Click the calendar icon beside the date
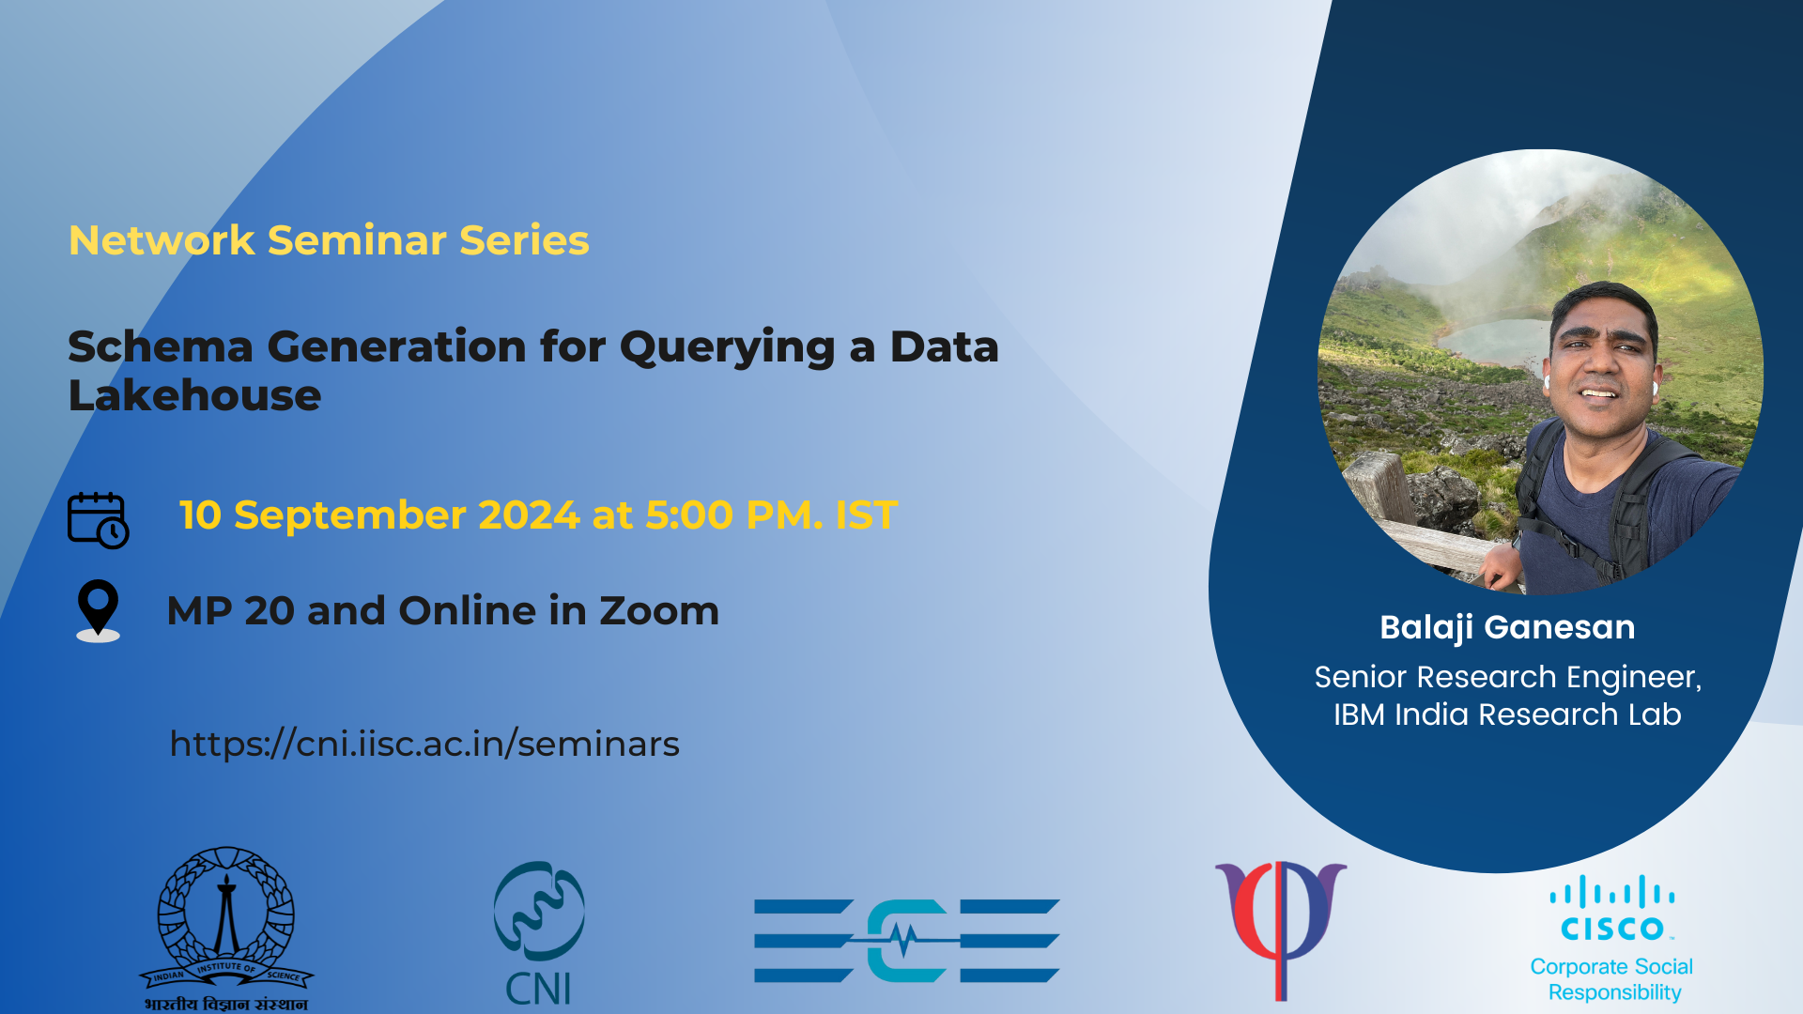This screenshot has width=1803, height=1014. coord(98,519)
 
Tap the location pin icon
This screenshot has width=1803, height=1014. coord(98,610)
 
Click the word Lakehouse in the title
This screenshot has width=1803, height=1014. coord(195,395)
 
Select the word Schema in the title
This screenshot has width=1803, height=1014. coord(161,346)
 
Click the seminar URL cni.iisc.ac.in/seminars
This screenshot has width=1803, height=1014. coord(424,744)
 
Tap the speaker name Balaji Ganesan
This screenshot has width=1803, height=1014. coord(1507,627)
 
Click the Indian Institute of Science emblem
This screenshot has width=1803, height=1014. coord(226,928)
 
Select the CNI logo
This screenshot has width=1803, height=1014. coord(539,933)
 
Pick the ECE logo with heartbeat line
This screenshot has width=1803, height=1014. coord(907,941)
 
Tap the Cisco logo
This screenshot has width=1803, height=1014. coord(1612,908)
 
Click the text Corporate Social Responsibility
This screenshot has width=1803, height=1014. coord(1612,979)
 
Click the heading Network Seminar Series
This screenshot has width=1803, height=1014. coord(329,240)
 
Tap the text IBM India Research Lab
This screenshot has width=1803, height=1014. coord(1507,714)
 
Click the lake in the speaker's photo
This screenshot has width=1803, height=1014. coord(1493,340)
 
